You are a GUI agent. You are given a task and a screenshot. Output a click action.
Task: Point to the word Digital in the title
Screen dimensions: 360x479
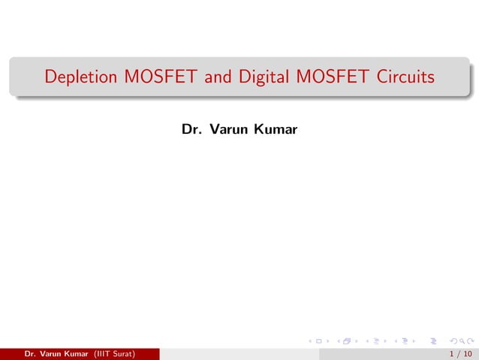[x=258, y=77]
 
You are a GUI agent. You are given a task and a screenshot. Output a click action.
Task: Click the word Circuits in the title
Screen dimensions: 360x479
[x=406, y=77]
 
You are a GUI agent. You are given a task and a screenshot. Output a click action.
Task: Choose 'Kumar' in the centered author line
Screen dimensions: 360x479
[x=276, y=131]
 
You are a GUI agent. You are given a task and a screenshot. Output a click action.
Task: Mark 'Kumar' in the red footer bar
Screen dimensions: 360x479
[x=78, y=354]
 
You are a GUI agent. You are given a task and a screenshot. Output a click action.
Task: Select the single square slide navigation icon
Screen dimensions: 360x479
[x=319, y=341]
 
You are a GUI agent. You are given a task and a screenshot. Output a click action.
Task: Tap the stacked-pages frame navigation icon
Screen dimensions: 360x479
[x=347, y=341]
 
